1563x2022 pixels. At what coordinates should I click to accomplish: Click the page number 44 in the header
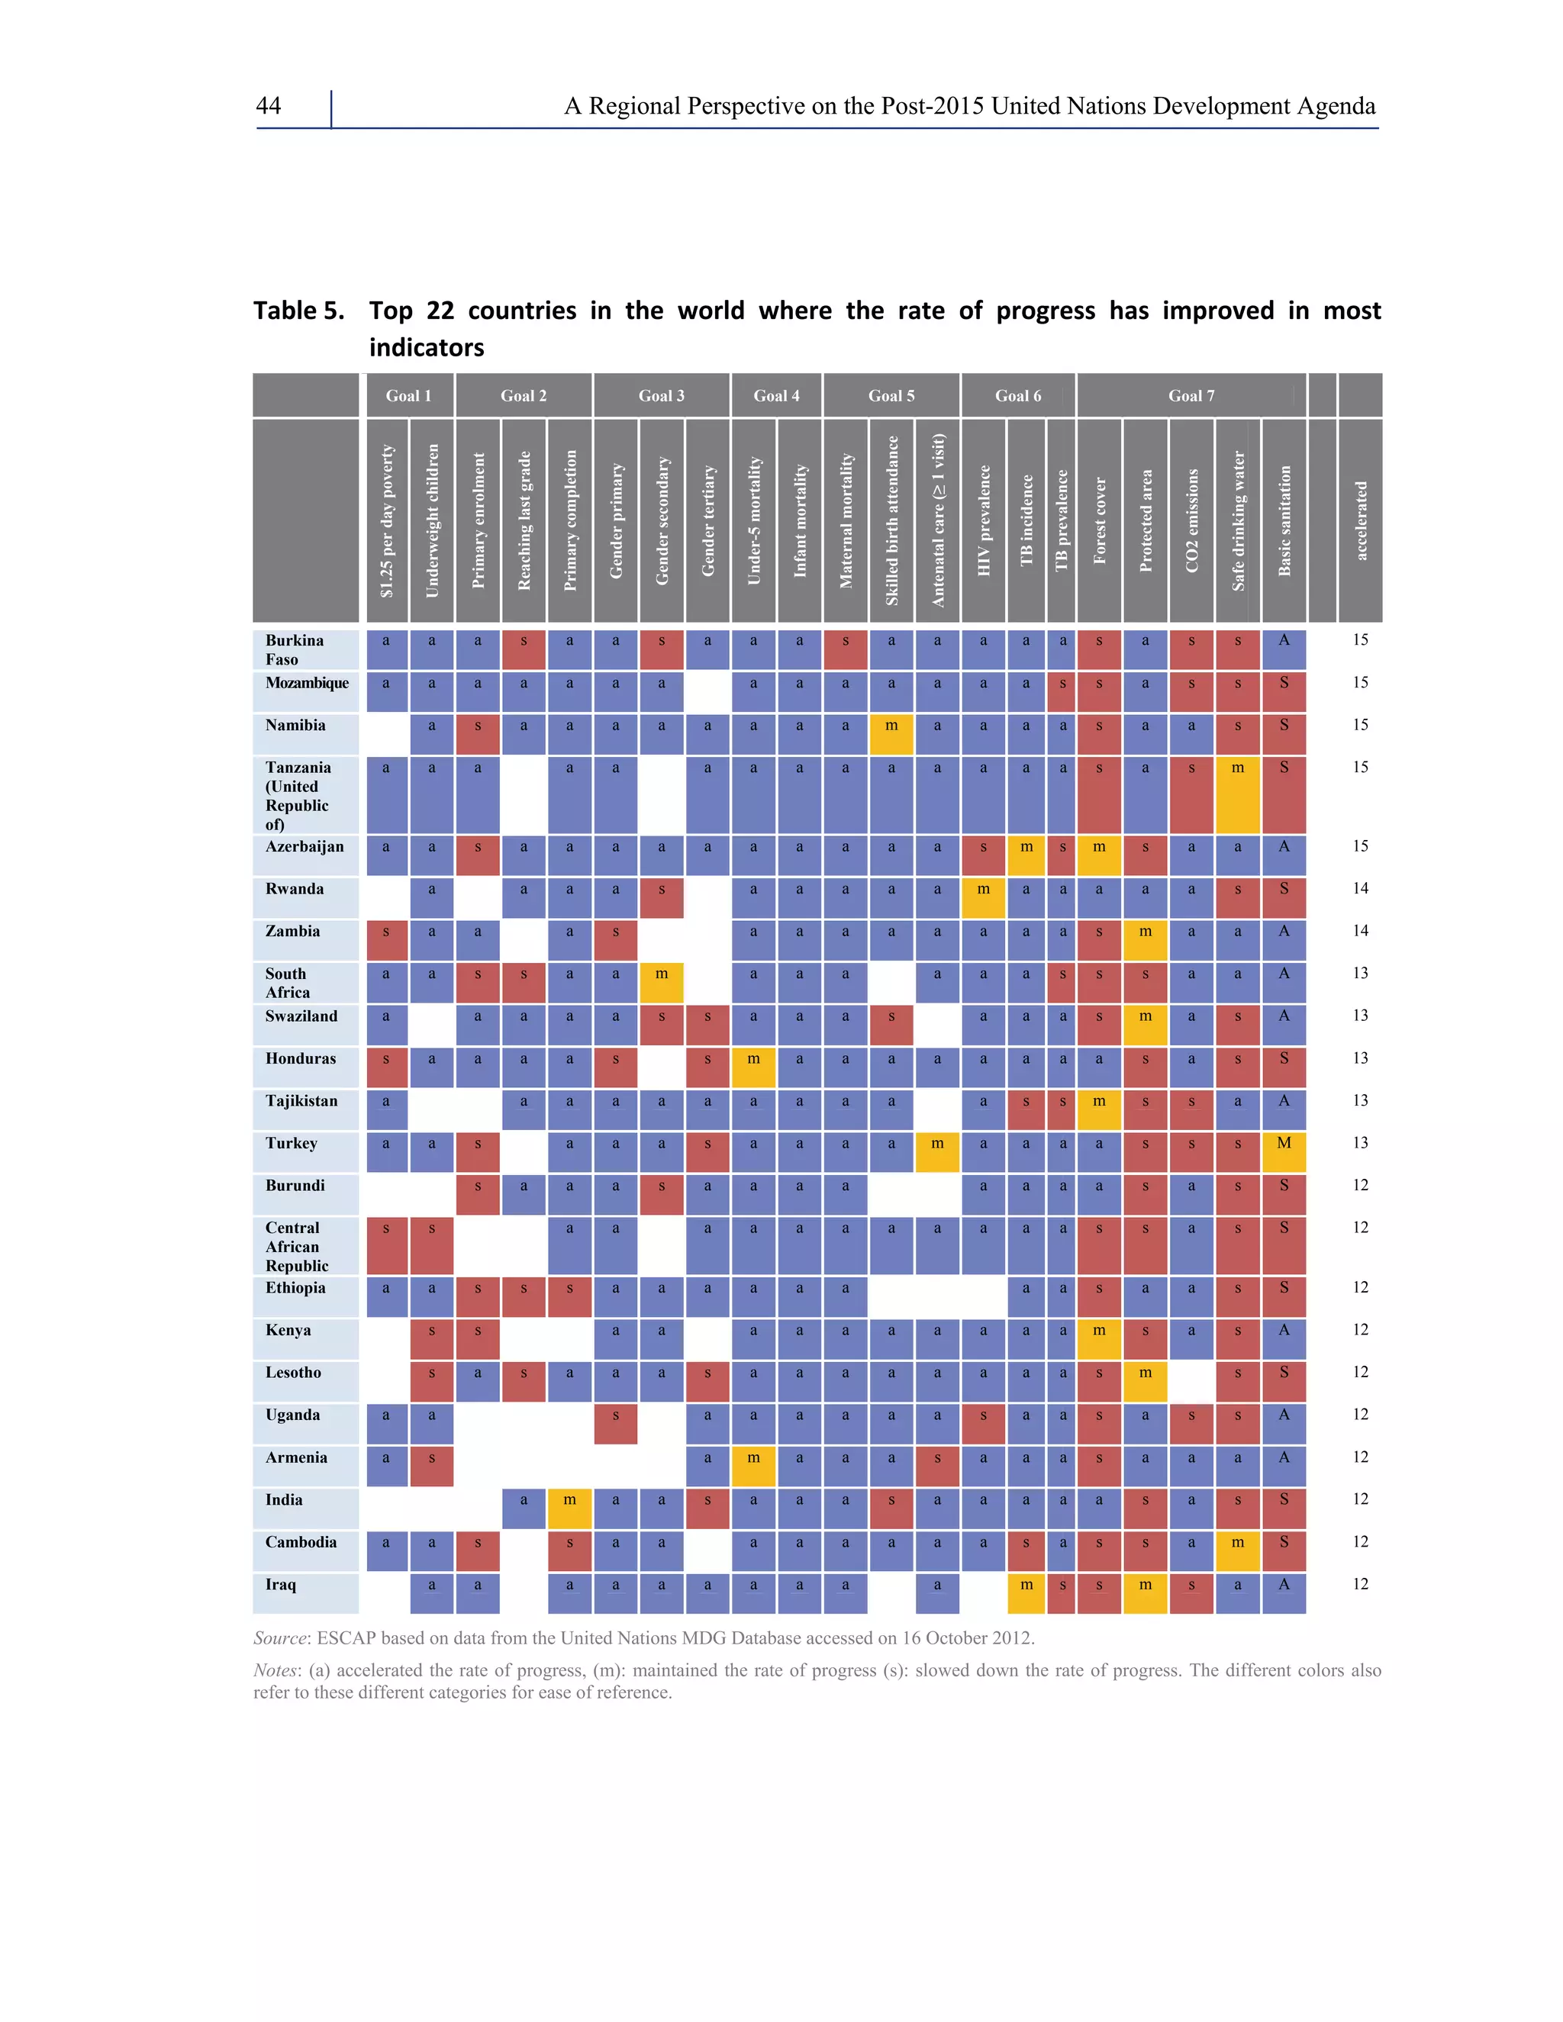269,107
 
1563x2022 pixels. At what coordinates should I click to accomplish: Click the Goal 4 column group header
776,395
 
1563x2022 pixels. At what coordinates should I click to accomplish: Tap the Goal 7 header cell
1191,395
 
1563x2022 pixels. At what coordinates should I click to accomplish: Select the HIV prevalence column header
983,520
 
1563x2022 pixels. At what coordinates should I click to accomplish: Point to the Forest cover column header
1099,520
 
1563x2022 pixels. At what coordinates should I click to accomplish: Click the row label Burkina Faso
295,649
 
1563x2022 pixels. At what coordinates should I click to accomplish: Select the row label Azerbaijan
304,846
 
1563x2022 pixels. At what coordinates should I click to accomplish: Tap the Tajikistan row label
301,1101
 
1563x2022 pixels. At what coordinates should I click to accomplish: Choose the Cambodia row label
300,1541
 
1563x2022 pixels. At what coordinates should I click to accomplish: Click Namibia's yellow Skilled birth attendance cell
891,733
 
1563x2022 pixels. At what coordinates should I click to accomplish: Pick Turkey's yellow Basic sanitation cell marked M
1284,1151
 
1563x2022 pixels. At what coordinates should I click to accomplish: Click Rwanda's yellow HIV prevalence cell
983,897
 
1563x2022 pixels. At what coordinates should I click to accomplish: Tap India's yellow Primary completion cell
569,1508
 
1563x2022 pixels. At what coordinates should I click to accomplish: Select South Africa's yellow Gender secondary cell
661,981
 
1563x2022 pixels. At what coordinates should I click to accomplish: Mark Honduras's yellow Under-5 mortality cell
754,1067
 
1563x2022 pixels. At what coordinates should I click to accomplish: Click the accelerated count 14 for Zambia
1359,930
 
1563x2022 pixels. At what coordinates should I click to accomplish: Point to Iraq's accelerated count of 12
1359,1584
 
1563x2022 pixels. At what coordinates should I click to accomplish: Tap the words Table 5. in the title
298,311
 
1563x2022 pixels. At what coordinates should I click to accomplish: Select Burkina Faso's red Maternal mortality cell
846,649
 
